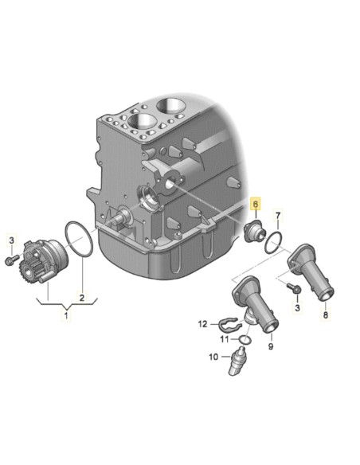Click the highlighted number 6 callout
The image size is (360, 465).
(255, 204)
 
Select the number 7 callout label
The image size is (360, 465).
(278, 217)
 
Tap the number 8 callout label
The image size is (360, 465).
(325, 316)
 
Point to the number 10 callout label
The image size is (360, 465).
(213, 357)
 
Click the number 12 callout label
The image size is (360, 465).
(202, 323)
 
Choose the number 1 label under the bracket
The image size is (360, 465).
(66, 316)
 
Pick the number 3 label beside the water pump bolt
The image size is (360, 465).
(12, 240)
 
